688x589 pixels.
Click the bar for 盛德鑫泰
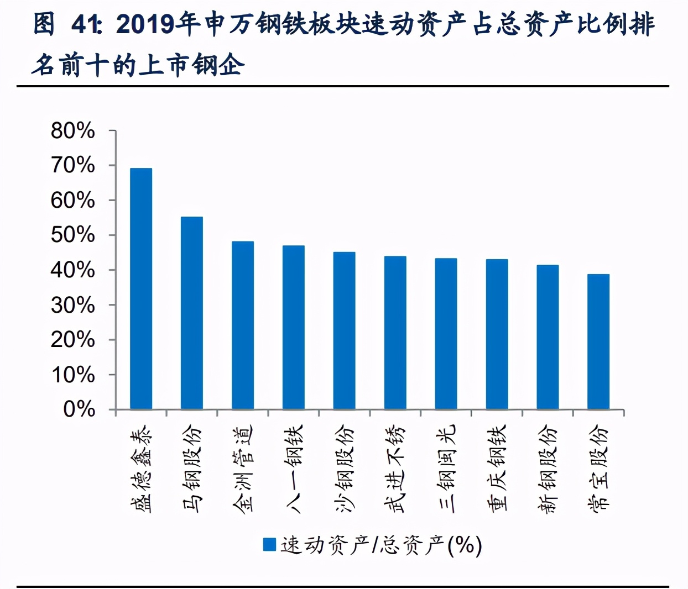(141, 289)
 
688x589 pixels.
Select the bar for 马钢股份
(192, 313)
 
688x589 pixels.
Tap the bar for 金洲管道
(243, 325)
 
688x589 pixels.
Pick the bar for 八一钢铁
(294, 328)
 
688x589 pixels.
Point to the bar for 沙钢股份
(344, 330)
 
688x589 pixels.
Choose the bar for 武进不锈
(395, 333)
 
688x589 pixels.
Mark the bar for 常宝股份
(598, 341)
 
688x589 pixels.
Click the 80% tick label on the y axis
(72, 131)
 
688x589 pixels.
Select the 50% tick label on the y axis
(72, 235)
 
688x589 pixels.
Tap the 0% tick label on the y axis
(79, 409)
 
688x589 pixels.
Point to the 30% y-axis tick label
(72, 305)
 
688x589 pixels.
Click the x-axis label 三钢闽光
(446, 469)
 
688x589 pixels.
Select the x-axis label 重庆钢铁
(497, 469)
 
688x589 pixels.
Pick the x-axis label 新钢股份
(548, 469)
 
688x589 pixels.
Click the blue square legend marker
(269, 545)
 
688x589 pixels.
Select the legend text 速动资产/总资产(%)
(381, 545)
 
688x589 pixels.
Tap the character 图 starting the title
(44, 24)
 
